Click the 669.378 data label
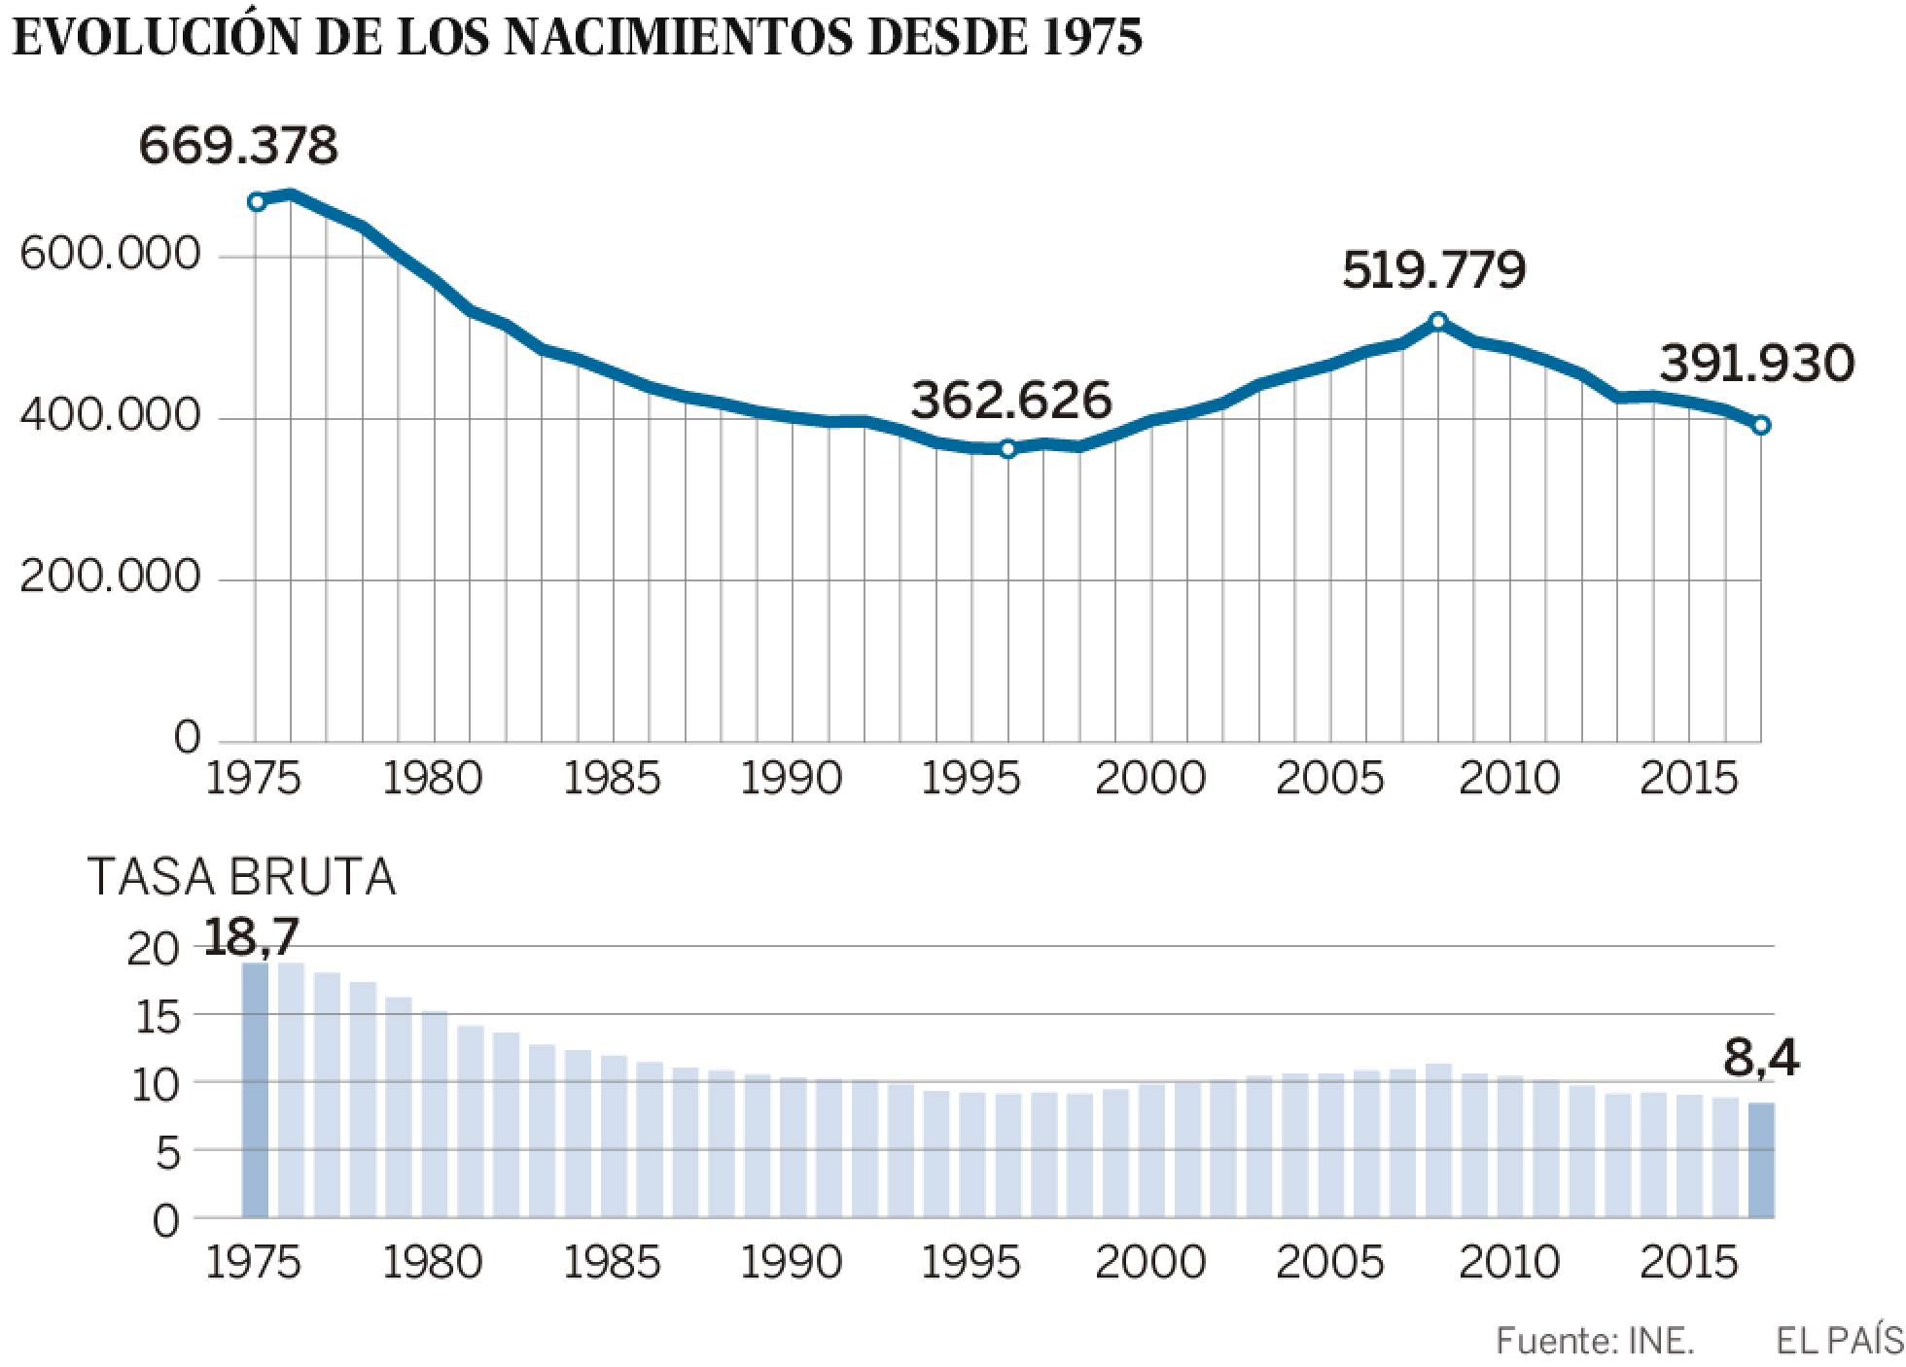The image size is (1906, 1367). tap(238, 146)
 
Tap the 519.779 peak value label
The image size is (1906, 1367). tap(1433, 269)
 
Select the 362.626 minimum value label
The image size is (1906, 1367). tap(1011, 401)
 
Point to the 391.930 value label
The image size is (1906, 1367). tap(1756, 365)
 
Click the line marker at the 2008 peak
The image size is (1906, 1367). tap(1439, 321)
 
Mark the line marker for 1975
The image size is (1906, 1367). tap(256, 202)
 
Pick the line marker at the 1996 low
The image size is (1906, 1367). tap(1007, 448)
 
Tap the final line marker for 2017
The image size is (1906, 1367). tap(1761, 425)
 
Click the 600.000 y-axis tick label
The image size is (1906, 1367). tap(110, 255)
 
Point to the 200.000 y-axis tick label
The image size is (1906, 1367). tap(110, 578)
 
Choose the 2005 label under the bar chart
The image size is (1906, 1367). tap(1329, 1263)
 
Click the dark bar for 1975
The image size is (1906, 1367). tap(255, 1089)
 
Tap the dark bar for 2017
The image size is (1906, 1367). tap(1761, 1159)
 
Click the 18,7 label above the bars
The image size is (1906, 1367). tap(252, 935)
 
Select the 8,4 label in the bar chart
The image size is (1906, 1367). tap(1761, 1059)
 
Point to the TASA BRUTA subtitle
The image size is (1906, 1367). tap(242, 877)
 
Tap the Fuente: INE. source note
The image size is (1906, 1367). tap(1595, 1342)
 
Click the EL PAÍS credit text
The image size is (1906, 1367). tap(1838, 1342)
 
